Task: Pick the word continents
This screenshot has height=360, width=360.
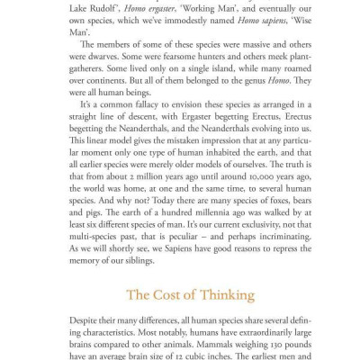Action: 112,78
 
